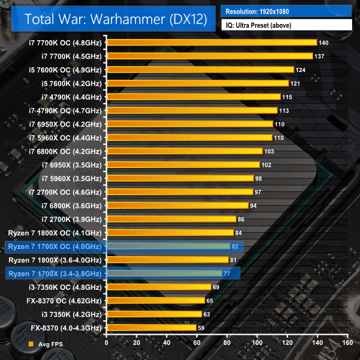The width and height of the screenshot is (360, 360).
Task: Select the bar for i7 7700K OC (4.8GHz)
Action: [x=211, y=43]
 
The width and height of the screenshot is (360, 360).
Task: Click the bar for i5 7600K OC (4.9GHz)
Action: [x=200, y=70]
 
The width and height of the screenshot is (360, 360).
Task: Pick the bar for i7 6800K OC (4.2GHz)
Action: [x=184, y=151]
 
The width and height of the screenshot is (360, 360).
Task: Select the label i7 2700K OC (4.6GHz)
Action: [x=65, y=192]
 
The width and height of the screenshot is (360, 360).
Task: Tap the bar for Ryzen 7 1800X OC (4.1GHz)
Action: [x=170, y=233]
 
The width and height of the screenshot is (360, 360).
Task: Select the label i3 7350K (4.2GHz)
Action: [x=72, y=314]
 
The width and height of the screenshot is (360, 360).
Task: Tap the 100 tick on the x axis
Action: [x=257, y=344]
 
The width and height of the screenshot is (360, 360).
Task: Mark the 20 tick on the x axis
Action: [x=136, y=344]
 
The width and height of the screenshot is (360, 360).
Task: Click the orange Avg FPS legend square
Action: [x=31, y=344]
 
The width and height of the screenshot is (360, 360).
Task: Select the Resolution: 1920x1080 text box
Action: [x=286, y=11]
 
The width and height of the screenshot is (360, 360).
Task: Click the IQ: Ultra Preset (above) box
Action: [x=286, y=25]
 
